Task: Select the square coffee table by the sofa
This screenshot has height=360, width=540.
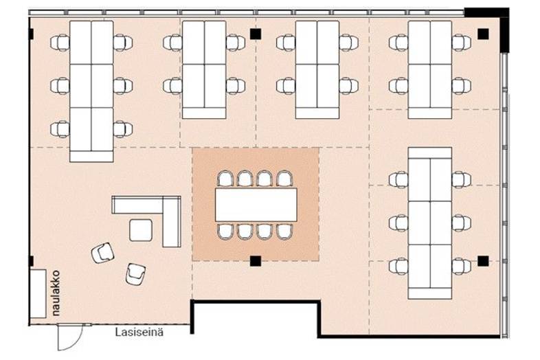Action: (142, 229)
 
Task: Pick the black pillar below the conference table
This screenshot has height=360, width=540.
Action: (256, 260)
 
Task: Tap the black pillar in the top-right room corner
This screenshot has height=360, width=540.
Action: (483, 33)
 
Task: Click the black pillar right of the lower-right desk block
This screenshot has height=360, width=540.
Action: (483, 260)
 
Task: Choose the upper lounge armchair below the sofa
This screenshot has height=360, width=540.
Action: (103, 253)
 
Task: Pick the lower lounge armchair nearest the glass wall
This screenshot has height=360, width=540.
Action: (135, 273)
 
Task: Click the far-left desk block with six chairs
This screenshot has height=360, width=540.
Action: (91, 89)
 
